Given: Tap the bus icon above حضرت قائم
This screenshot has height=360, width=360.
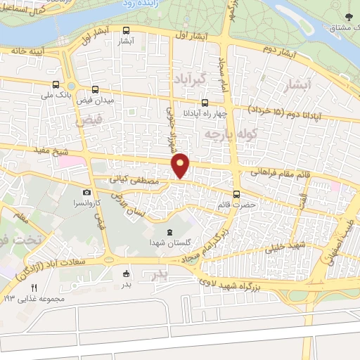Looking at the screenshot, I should tap(236, 195).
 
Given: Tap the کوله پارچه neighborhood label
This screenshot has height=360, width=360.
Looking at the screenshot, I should tap(224, 132).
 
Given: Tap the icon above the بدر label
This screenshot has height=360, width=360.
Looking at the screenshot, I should tap(126, 274).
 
